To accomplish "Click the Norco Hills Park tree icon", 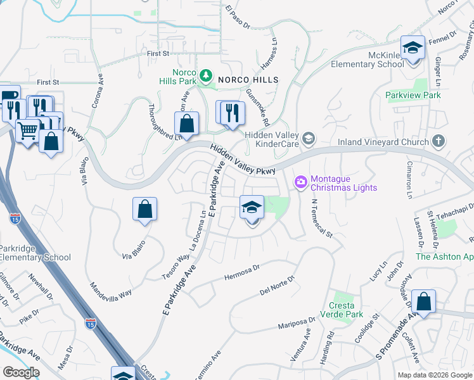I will tap(205, 77).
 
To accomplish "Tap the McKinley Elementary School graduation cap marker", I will tap(413, 48).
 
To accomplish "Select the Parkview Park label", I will tap(413, 95).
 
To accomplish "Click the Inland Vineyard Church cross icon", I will tap(437, 141).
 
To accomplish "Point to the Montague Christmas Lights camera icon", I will tap(301, 182).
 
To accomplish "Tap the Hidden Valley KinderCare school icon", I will tap(309, 138).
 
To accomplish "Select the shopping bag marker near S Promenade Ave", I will tap(423, 301).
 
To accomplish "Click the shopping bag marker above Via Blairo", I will tap(144, 209).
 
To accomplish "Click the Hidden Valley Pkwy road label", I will tap(243, 160).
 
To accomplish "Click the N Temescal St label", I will tap(322, 217).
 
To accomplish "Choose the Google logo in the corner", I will tap(20, 372).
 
